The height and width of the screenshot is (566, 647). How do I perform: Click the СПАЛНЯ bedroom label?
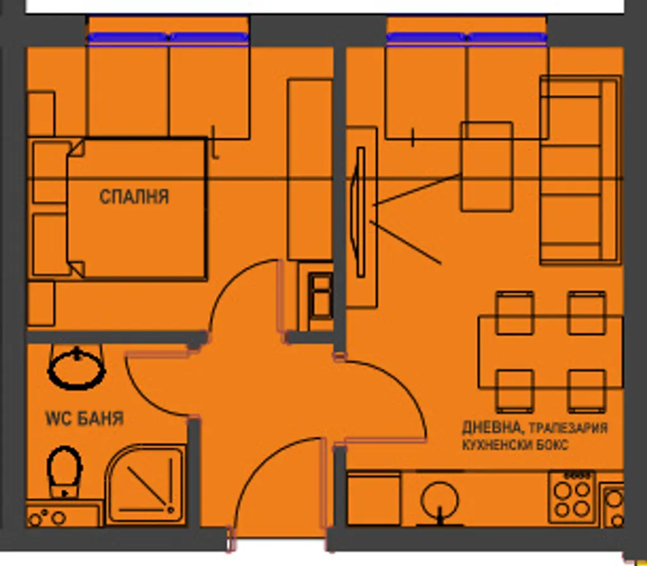134,197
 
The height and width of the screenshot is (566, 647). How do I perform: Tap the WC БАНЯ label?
85,418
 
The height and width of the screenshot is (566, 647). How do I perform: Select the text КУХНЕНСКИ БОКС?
516,445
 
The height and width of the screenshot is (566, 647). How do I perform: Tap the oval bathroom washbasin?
76,370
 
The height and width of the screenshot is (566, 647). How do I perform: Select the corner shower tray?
145,485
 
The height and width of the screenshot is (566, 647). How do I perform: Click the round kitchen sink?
440,500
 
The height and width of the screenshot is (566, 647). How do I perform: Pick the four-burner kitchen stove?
572,498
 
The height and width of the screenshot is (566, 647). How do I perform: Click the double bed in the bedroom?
136,208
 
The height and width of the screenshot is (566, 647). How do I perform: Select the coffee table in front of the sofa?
487,166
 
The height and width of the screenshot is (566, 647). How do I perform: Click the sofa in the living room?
581,169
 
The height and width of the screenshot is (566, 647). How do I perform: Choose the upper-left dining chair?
514,313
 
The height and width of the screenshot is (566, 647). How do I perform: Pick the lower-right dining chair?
586,391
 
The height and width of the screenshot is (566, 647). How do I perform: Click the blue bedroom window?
168,38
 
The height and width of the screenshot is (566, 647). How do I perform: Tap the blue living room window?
467,38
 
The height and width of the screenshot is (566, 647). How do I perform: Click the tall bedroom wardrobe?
310,169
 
